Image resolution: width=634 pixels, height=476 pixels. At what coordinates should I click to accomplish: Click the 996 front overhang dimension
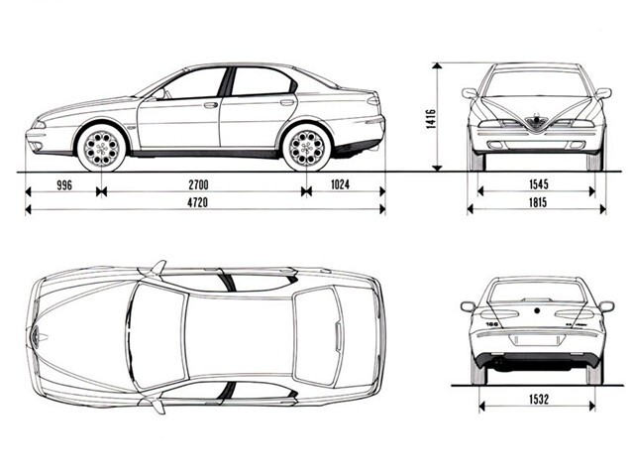pyautogui.click(x=64, y=185)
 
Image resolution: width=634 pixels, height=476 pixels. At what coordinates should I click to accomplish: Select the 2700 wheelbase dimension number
pyautogui.click(x=198, y=185)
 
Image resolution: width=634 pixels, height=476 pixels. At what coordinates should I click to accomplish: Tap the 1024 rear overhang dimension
pyautogui.click(x=340, y=184)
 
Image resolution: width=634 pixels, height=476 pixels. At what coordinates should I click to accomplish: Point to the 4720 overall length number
pyautogui.click(x=198, y=202)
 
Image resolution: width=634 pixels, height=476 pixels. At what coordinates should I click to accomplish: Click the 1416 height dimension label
pyautogui.click(x=431, y=119)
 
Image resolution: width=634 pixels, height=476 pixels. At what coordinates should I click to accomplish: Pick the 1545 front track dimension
pyautogui.click(x=539, y=184)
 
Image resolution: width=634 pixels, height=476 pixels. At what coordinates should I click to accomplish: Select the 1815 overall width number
pyautogui.click(x=538, y=202)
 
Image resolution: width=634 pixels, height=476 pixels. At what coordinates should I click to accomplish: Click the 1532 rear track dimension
pyautogui.click(x=539, y=400)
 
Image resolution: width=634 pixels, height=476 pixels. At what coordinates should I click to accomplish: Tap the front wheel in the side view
pyautogui.click(x=101, y=147)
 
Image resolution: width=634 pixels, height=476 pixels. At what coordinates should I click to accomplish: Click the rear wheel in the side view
pyautogui.click(x=307, y=147)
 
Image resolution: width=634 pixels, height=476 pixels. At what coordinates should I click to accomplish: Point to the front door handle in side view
pyautogui.click(x=211, y=105)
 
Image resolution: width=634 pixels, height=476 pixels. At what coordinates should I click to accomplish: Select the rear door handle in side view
pyautogui.click(x=287, y=102)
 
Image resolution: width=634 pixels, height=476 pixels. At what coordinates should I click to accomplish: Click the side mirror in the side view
pyautogui.click(x=158, y=95)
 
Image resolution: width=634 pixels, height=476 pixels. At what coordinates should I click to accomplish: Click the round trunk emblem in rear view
pyautogui.click(x=537, y=310)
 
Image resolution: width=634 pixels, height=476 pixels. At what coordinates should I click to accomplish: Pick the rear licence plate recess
pyautogui.click(x=537, y=340)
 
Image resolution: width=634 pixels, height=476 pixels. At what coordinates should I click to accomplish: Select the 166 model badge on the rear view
pyautogui.click(x=491, y=324)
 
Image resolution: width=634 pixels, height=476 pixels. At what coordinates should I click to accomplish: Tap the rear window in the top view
pyautogui.click(x=317, y=335)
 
